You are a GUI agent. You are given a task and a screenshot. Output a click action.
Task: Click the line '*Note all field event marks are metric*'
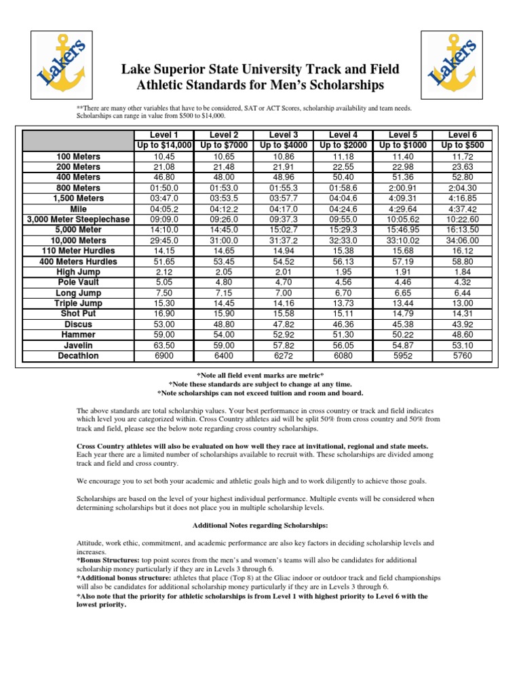tap(260, 375)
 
